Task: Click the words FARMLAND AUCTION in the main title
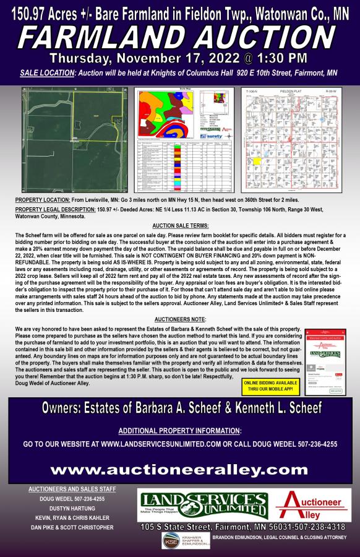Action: point(179,38)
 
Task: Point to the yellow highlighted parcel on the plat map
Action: point(256,161)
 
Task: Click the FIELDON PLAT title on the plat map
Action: point(290,92)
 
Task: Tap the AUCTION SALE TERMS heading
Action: point(180,227)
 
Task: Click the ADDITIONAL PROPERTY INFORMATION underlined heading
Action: point(179,431)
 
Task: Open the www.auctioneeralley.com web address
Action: point(179,470)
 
